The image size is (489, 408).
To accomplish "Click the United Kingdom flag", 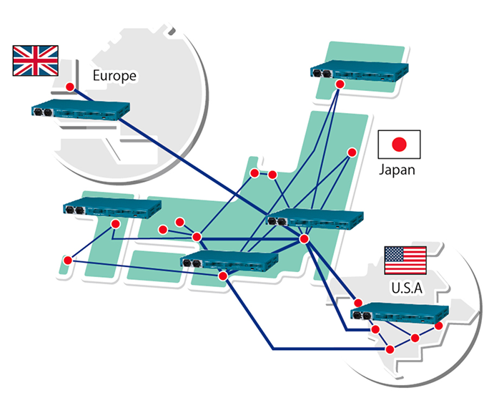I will pos(35,60).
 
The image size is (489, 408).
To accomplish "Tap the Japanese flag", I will pos(399,145).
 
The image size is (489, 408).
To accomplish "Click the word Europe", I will pos(114,75).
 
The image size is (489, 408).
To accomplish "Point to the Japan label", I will pos(397,170).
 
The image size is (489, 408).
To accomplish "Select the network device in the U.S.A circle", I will pos(400,313).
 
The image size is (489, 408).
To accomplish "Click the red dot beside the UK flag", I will pos(70,87).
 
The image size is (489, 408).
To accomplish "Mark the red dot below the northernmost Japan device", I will pos(340,84).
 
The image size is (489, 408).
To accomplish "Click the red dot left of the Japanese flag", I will pos(352,152).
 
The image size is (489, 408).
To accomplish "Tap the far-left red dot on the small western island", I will pos(67,260).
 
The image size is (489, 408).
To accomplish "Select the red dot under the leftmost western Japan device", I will pos(115,225).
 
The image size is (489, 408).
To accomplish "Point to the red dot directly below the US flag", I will pos(358,303).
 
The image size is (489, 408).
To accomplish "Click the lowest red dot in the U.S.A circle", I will pos(390,349).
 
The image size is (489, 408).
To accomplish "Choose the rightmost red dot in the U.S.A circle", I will pos(439,326).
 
